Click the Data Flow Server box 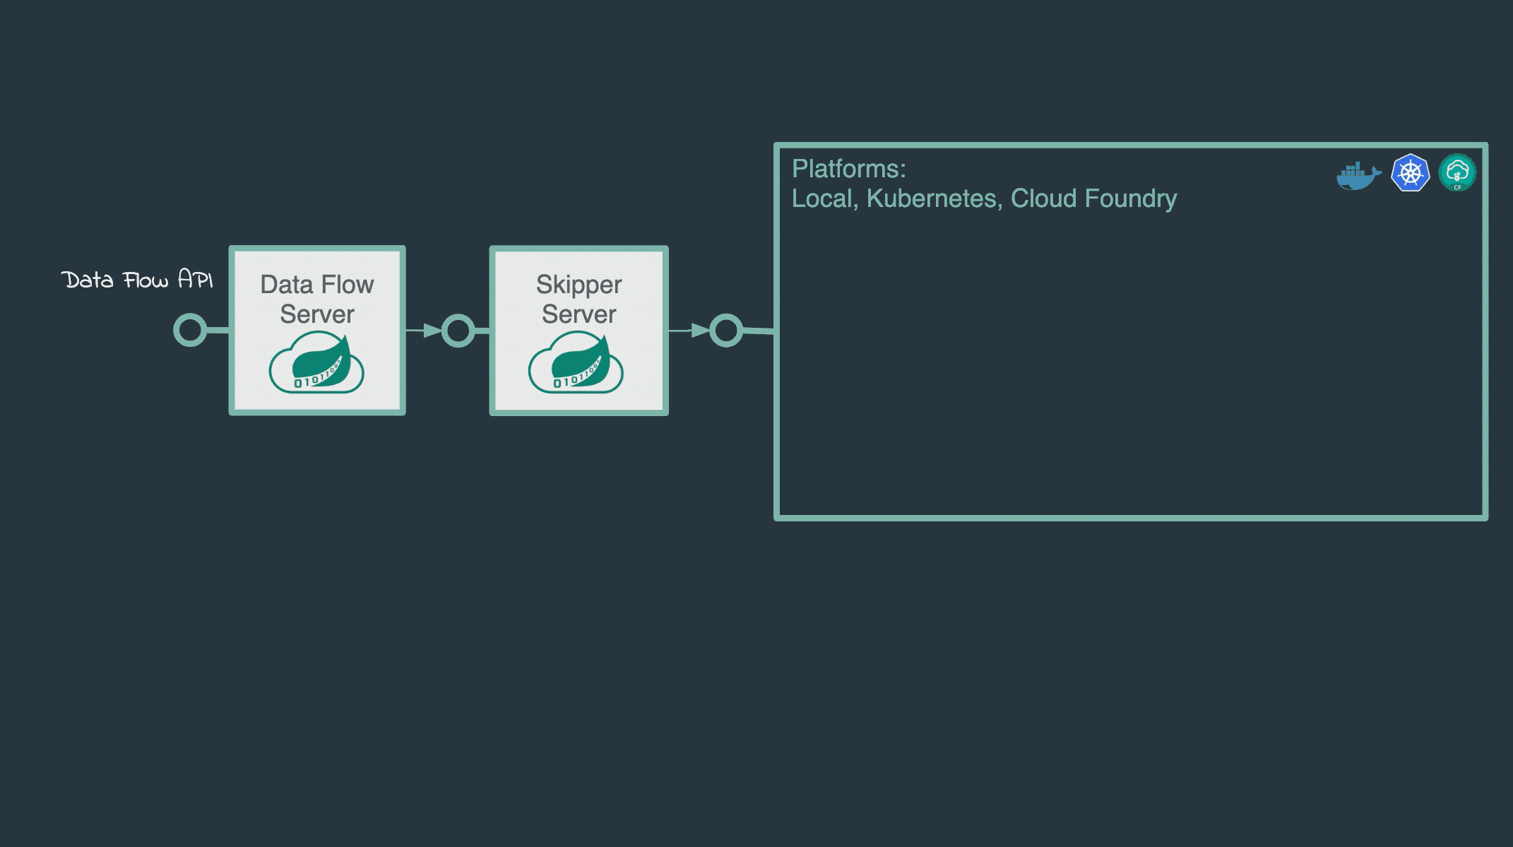click(x=317, y=330)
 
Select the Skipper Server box click(x=578, y=330)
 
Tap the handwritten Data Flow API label click(x=136, y=280)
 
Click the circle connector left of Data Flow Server click(x=190, y=330)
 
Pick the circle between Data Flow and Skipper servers click(x=458, y=331)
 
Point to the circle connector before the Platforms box click(x=726, y=331)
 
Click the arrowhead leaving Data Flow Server click(x=432, y=330)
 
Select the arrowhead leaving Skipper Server click(x=699, y=330)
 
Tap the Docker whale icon click(x=1358, y=174)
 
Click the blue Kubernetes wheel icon click(x=1410, y=173)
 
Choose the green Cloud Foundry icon click(x=1457, y=172)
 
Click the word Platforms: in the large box click(x=848, y=169)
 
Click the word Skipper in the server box click(x=578, y=285)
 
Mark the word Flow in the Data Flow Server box click(x=347, y=285)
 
